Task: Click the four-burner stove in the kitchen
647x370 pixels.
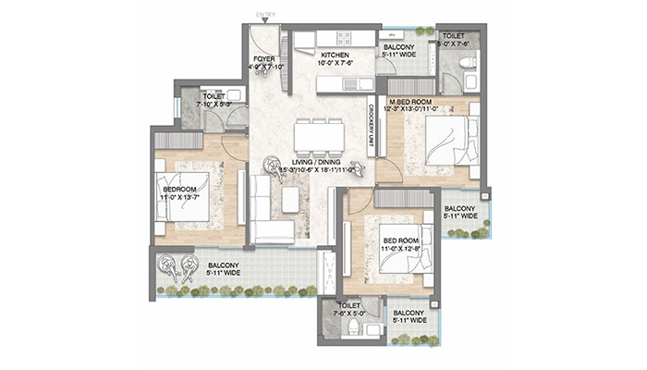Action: (x=344, y=39)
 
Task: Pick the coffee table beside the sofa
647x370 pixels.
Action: (x=291, y=200)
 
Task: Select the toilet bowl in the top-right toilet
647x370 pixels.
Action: (x=467, y=62)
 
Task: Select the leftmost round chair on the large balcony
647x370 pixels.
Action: (x=170, y=268)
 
